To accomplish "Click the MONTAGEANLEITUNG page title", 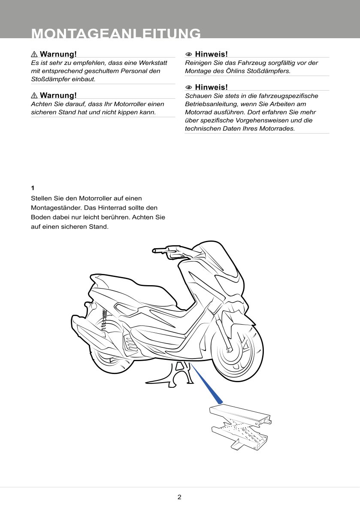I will pos(116,33).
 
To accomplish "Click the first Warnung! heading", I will pos(58,54).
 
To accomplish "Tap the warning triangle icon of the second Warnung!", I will pos(34,95).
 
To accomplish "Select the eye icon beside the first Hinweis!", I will pos(188,55).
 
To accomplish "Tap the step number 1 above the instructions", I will pos(33,188).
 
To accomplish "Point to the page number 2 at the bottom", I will pos(179,498).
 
